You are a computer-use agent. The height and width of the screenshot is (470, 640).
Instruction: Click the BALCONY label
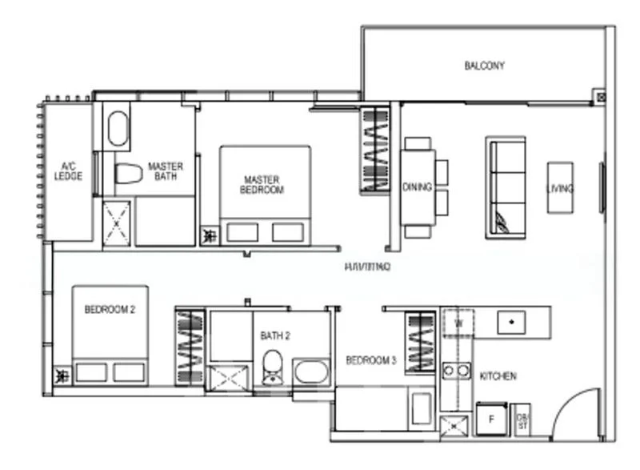484,66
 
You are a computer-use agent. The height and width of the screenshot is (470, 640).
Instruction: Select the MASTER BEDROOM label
263,185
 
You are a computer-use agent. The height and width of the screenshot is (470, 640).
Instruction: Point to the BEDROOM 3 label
370,361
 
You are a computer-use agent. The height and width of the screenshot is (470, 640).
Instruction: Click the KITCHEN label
497,376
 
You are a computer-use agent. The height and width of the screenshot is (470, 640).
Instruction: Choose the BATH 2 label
274,336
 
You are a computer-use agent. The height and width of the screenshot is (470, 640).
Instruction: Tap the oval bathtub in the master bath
118,128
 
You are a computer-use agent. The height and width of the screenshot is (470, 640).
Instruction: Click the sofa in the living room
506,187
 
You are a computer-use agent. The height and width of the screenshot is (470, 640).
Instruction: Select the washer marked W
458,323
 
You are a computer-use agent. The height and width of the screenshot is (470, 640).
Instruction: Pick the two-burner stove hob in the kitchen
458,370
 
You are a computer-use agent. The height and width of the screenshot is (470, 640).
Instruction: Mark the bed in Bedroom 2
110,334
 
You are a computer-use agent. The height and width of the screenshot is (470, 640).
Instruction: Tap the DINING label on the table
418,187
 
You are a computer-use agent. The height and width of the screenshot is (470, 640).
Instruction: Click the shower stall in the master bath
117,223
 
